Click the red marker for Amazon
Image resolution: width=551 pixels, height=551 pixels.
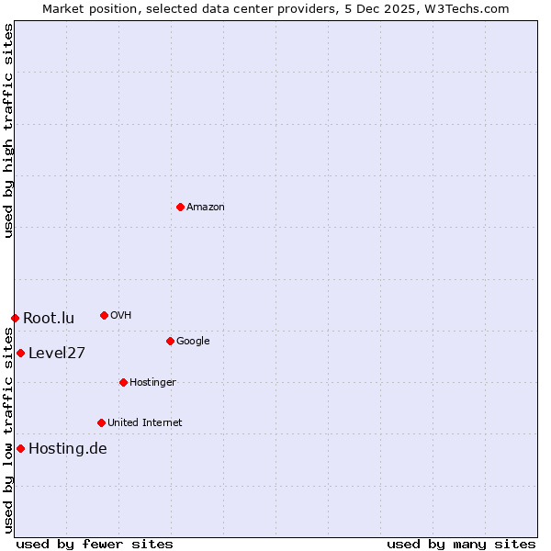pos(180,207)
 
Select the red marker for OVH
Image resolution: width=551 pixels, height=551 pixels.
pos(104,315)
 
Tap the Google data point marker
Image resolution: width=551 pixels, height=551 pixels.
pos(170,341)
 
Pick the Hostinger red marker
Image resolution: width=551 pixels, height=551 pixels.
pos(123,382)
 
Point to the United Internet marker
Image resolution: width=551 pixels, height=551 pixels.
pos(101,422)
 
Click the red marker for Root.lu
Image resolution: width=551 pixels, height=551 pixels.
pos(15,318)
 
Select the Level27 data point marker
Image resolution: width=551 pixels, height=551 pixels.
pos(20,353)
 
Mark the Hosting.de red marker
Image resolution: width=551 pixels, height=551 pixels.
pos(20,448)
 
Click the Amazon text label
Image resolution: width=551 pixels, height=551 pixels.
pos(206,208)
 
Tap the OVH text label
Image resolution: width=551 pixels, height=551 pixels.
pos(121,316)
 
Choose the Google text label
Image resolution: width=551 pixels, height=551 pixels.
pos(193,342)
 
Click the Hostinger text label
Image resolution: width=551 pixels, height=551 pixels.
pos(152,383)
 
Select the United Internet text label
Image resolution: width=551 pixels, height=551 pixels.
pos(145,423)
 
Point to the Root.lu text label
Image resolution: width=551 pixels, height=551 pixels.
pos(49,319)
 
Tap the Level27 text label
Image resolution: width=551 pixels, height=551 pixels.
pos(57,354)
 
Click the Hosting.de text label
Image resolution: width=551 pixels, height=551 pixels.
pos(68,449)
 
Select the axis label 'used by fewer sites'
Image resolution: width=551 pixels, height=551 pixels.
pos(95,544)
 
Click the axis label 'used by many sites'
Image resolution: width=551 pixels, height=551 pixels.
pos(461,544)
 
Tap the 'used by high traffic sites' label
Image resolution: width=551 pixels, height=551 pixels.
pos(8,130)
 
